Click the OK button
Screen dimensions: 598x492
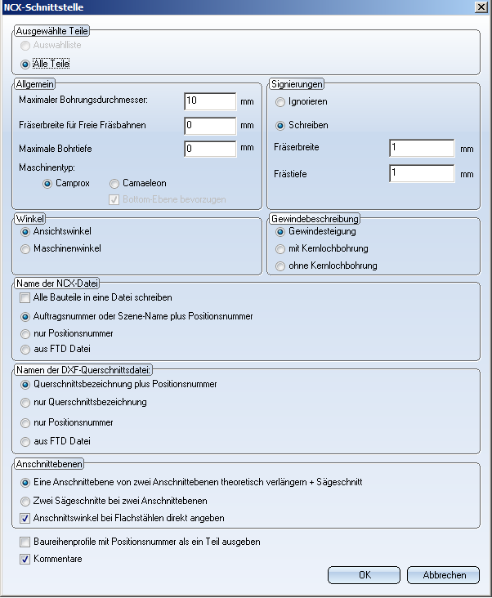click(x=365, y=574)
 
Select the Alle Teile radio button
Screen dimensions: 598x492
click(x=25, y=64)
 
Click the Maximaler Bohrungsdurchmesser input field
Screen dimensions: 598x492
click(x=210, y=101)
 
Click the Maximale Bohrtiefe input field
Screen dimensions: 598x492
click(x=210, y=149)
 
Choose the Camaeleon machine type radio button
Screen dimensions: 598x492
click(x=114, y=184)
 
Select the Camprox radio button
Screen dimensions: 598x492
click(x=47, y=184)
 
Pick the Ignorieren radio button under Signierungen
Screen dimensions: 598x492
click(x=281, y=102)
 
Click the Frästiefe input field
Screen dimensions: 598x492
click(x=422, y=173)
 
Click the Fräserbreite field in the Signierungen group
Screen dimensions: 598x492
click(x=422, y=148)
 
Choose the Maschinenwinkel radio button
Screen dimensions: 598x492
click(x=25, y=248)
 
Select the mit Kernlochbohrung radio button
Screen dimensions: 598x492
click(x=281, y=248)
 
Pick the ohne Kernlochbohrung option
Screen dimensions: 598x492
click(x=281, y=266)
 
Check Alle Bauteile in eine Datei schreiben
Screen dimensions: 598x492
click(x=25, y=297)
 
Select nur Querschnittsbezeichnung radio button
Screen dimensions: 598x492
click(x=25, y=402)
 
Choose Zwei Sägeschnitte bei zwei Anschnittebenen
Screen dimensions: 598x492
click(x=25, y=501)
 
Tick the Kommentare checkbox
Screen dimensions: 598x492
click(x=25, y=559)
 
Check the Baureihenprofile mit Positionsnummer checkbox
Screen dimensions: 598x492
click(x=25, y=542)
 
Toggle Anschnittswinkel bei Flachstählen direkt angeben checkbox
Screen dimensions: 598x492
click(x=25, y=518)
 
